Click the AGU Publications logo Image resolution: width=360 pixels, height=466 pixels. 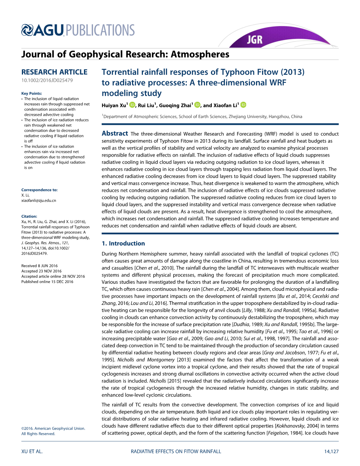pyautogui.click(x=78, y=30)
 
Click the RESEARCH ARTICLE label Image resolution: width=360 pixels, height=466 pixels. pyautogui.click(x=54, y=72)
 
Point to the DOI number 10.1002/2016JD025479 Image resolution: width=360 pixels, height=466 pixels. pyautogui.click(x=47, y=81)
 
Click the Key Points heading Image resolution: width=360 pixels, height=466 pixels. pyautogui.click(x=32, y=93)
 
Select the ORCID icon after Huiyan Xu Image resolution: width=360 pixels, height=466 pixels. pyautogui.click(x=132, y=105)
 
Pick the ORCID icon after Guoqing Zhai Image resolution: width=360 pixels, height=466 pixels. pyautogui.click(x=197, y=105)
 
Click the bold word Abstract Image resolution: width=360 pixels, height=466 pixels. pyautogui.click(x=115, y=134)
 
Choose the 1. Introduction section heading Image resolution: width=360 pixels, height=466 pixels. pyautogui.click(x=123, y=243)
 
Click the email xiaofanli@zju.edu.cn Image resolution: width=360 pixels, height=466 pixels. pyautogui.click(x=39, y=200)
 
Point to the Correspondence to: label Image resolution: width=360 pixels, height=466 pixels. pyautogui.click(x=39, y=190)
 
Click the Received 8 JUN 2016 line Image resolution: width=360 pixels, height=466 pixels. pyautogui.click(x=39, y=266)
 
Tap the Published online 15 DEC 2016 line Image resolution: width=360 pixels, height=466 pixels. pyautogui.click(x=47, y=282)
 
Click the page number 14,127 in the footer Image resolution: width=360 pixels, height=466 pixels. pyautogui.click(x=331, y=451)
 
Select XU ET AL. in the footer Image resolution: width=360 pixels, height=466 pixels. pyautogui.click(x=32, y=451)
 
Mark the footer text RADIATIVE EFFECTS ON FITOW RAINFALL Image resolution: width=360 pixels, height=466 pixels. pyautogui.click(x=176, y=451)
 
